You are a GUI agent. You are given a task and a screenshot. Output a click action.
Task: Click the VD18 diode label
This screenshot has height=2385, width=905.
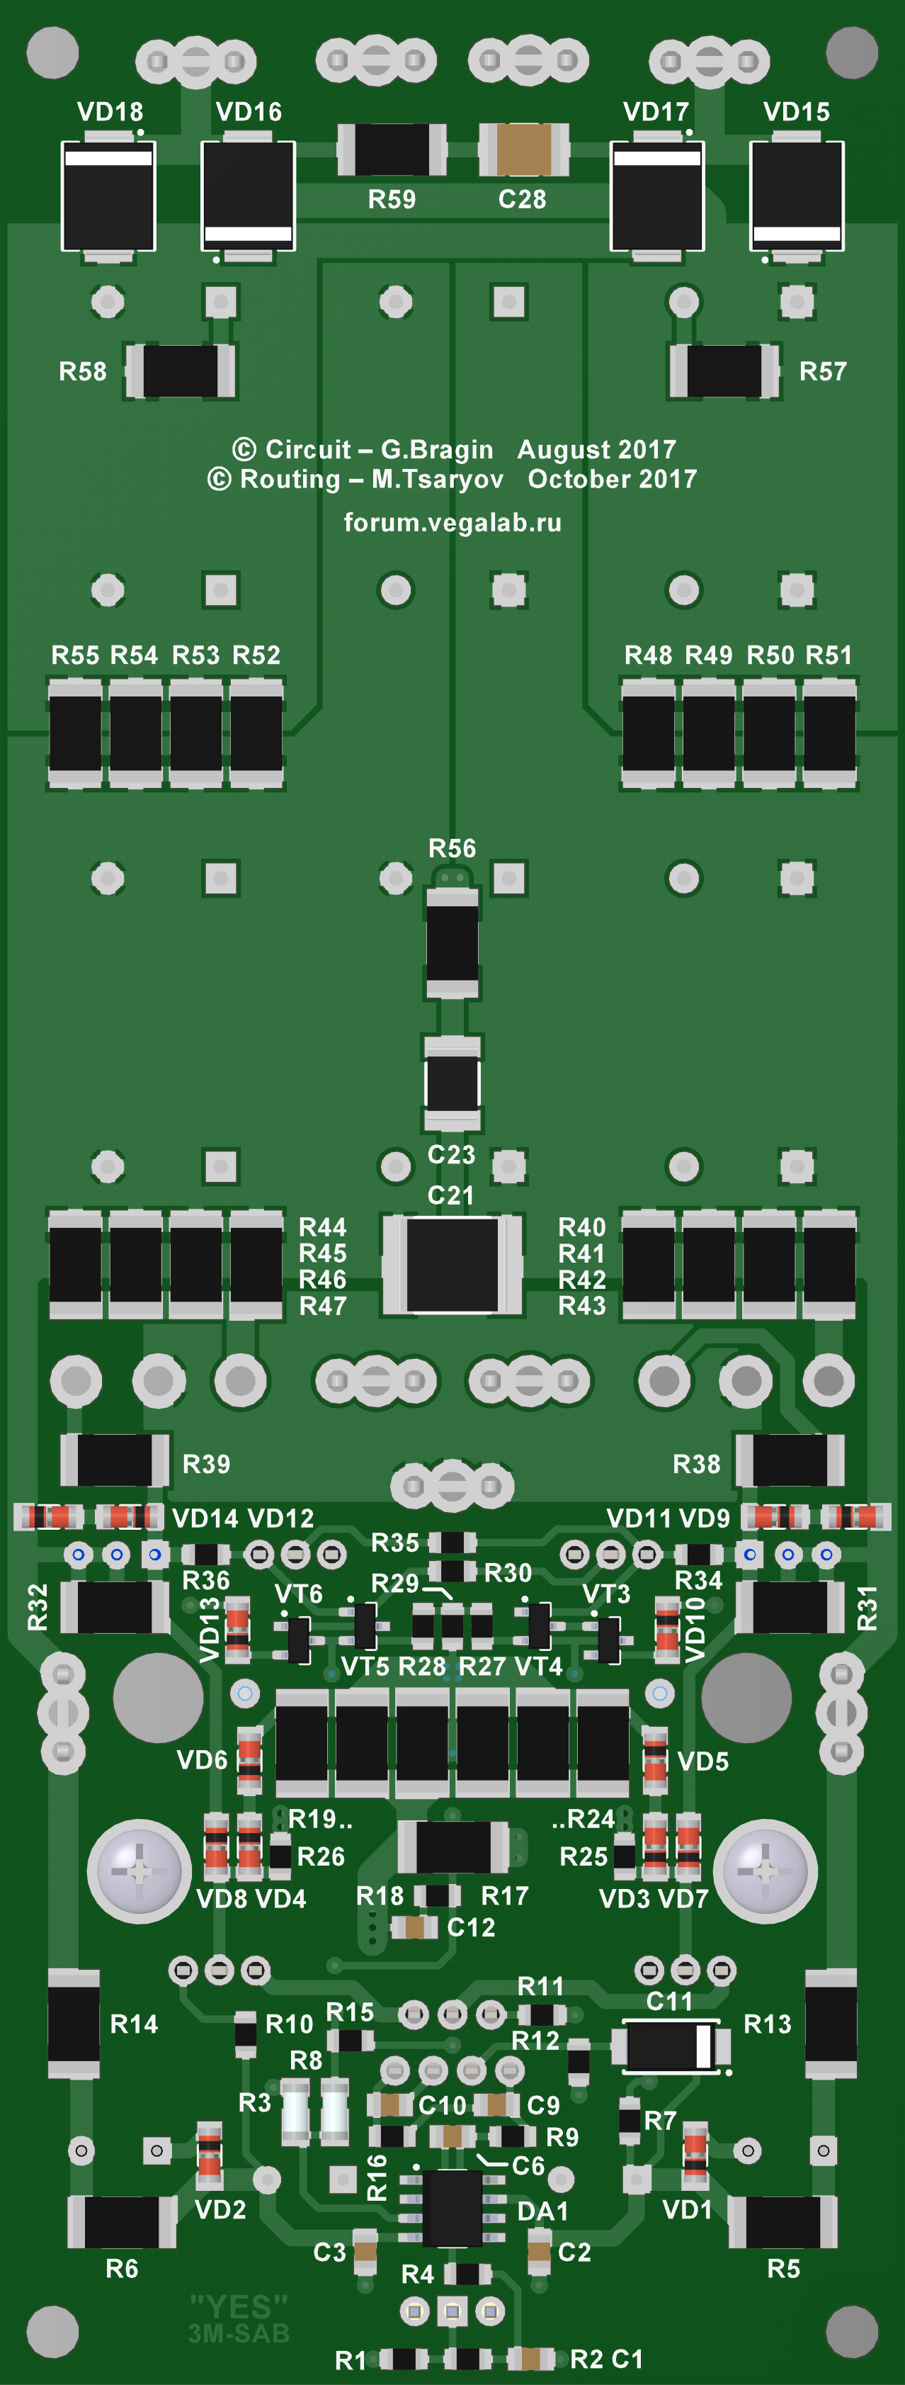pyautogui.click(x=110, y=112)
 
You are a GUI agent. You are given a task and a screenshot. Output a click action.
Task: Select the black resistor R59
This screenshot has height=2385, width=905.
pyautogui.click(x=392, y=149)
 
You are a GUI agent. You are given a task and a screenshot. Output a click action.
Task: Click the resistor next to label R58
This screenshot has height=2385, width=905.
pyautogui.click(x=181, y=371)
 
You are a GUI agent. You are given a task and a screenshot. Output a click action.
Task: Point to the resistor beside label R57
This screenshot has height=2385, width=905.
pyautogui.click(x=724, y=371)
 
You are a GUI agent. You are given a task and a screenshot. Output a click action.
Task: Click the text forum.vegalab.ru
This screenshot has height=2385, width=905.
pyautogui.click(x=452, y=522)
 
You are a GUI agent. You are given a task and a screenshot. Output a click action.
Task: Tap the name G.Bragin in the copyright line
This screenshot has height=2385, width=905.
pyautogui.click(x=437, y=449)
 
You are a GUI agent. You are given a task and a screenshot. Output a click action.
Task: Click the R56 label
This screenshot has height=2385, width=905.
pyautogui.click(x=452, y=848)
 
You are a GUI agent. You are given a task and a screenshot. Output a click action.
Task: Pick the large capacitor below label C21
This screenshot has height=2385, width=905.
pyautogui.click(x=452, y=1265)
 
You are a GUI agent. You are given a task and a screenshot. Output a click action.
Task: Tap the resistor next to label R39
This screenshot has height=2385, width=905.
pyautogui.click(x=115, y=1460)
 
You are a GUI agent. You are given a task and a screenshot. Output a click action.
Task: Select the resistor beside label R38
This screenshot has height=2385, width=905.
pyautogui.click(x=790, y=1460)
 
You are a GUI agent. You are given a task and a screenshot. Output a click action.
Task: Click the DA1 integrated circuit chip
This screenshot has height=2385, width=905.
pyautogui.click(x=452, y=2207)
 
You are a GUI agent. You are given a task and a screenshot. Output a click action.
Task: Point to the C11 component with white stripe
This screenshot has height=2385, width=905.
pyautogui.click(x=670, y=2046)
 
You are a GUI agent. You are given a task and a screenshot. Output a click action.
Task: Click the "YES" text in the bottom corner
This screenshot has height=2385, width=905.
pyautogui.click(x=239, y=2306)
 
